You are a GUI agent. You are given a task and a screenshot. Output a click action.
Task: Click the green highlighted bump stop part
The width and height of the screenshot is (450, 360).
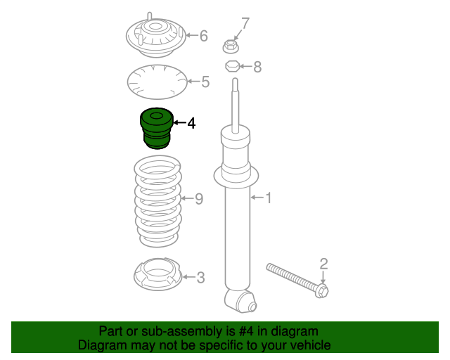click(157, 129)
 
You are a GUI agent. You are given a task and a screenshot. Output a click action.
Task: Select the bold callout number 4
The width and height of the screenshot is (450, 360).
click(191, 123)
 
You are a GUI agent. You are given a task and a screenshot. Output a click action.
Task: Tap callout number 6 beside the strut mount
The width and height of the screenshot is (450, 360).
click(203, 36)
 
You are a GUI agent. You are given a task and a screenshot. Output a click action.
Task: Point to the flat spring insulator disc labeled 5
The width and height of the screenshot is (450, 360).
click(157, 82)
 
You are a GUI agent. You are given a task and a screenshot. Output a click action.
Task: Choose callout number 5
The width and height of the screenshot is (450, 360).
click(205, 82)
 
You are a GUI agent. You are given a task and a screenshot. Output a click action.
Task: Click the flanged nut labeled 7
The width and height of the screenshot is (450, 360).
click(231, 46)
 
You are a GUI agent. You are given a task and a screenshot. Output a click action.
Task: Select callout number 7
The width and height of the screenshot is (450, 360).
click(245, 23)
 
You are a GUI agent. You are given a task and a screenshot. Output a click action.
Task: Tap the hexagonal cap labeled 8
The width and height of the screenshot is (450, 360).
click(232, 66)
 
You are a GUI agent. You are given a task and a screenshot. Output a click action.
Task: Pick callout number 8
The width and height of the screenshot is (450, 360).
click(257, 67)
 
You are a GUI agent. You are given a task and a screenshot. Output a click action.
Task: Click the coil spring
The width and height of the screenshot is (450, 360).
click(157, 201)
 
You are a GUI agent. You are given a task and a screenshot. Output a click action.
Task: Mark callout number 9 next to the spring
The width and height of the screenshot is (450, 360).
click(199, 199)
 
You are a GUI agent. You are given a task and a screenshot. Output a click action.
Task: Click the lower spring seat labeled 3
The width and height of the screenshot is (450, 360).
click(157, 274)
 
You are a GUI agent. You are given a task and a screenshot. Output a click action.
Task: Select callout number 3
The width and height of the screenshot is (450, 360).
click(200, 278)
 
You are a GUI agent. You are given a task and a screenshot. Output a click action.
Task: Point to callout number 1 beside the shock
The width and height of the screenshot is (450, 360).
click(269, 198)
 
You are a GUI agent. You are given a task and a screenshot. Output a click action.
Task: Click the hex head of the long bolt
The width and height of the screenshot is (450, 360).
click(322, 290)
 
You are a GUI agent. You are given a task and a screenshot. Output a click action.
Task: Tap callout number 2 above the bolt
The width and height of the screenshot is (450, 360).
click(323, 264)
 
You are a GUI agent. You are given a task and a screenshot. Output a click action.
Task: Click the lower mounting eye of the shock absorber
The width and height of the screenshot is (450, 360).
click(240, 301)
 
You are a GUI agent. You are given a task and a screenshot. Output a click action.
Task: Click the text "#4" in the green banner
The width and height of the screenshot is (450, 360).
click(246, 331)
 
